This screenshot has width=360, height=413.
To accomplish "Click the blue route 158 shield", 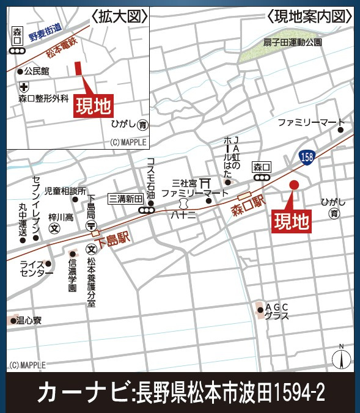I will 307,158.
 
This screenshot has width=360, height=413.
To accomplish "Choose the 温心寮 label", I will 29,320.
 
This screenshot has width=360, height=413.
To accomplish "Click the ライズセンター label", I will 36,269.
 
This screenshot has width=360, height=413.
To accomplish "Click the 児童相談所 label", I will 65,191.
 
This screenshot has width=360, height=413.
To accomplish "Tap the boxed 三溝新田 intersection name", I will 125,199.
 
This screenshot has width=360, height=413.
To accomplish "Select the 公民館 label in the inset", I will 37,71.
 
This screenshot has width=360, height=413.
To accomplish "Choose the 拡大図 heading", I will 119,16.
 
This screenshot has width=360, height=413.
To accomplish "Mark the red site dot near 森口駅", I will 294,185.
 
